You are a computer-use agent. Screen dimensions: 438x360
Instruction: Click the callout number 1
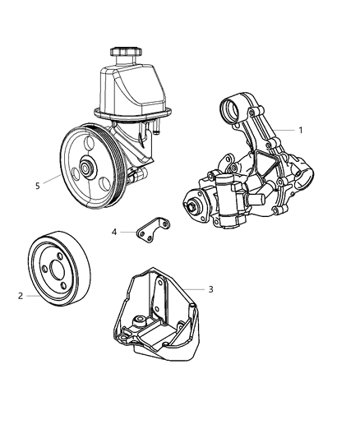click(x=301, y=130)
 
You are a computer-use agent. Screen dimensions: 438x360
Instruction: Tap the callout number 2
click(x=19, y=294)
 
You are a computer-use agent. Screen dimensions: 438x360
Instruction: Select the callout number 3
click(x=210, y=289)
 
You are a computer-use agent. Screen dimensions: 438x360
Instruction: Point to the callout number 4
click(x=114, y=232)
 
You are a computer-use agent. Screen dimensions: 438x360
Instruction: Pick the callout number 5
click(x=37, y=186)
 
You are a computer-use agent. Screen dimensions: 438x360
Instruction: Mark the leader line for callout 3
click(x=194, y=289)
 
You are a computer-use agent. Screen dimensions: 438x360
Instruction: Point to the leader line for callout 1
click(x=284, y=130)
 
